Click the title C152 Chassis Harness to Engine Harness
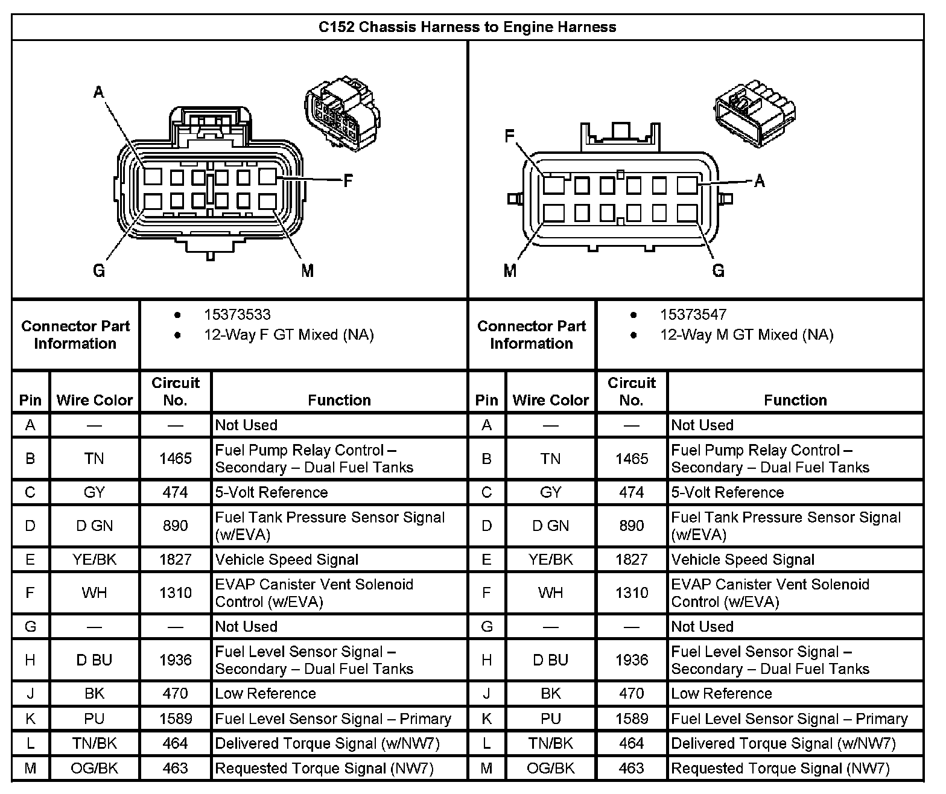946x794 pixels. click(468, 27)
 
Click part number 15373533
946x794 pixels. click(237, 315)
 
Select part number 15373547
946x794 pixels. click(693, 315)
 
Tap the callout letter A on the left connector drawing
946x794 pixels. click(99, 92)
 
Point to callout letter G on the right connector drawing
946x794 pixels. click(718, 271)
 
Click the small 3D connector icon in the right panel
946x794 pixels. click(754, 111)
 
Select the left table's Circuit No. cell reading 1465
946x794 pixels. click(176, 459)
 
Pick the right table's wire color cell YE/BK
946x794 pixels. click(551, 560)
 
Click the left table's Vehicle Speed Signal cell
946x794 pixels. click(287, 560)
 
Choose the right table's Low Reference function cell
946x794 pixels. click(722, 694)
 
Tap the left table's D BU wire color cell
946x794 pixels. click(95, 660)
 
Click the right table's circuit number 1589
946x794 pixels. click(632, 719)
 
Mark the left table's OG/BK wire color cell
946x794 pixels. click(95, 769)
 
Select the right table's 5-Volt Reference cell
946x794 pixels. click(728, 492)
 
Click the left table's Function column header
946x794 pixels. click(339, 400)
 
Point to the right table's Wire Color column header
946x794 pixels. click(551, 400)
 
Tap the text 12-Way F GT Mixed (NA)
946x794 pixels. click(288, 335)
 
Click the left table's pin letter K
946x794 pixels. click(30, 719)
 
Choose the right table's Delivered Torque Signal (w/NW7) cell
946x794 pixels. click(783, 744)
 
